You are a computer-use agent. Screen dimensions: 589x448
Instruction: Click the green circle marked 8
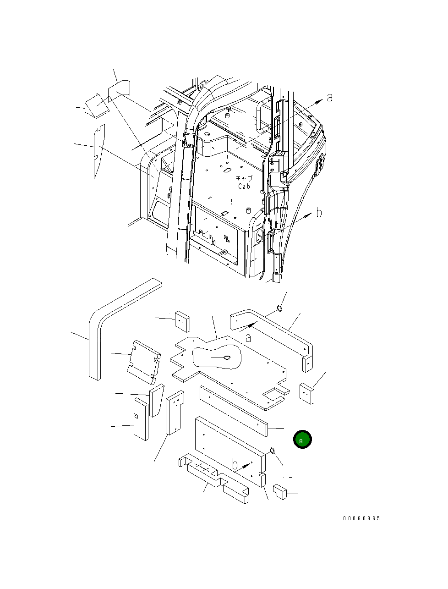click(x=302, y=440)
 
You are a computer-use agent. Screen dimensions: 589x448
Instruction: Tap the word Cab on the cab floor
click(x=244, y=186)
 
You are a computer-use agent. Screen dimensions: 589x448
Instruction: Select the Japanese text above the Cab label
click(x=244, y=178)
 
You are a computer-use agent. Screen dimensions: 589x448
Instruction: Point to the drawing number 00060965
click(x=361, y=518)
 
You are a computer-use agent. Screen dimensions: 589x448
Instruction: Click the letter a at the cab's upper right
click(x=329, y=98)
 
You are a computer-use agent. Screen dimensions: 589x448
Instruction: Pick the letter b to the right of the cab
click(x=319, y=213)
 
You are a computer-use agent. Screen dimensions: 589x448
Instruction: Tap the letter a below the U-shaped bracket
click(x=248, y=338)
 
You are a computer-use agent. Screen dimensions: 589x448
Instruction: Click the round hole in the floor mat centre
click(x=227, y=357)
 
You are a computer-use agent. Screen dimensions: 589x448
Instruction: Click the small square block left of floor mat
click(x=182, y=321)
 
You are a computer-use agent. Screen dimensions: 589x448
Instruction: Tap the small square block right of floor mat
click(x=307, y=393)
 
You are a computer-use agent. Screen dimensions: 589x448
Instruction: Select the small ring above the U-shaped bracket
click(x=279, y=308)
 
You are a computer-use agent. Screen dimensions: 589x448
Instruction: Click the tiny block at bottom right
click(x=279, y=492)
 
